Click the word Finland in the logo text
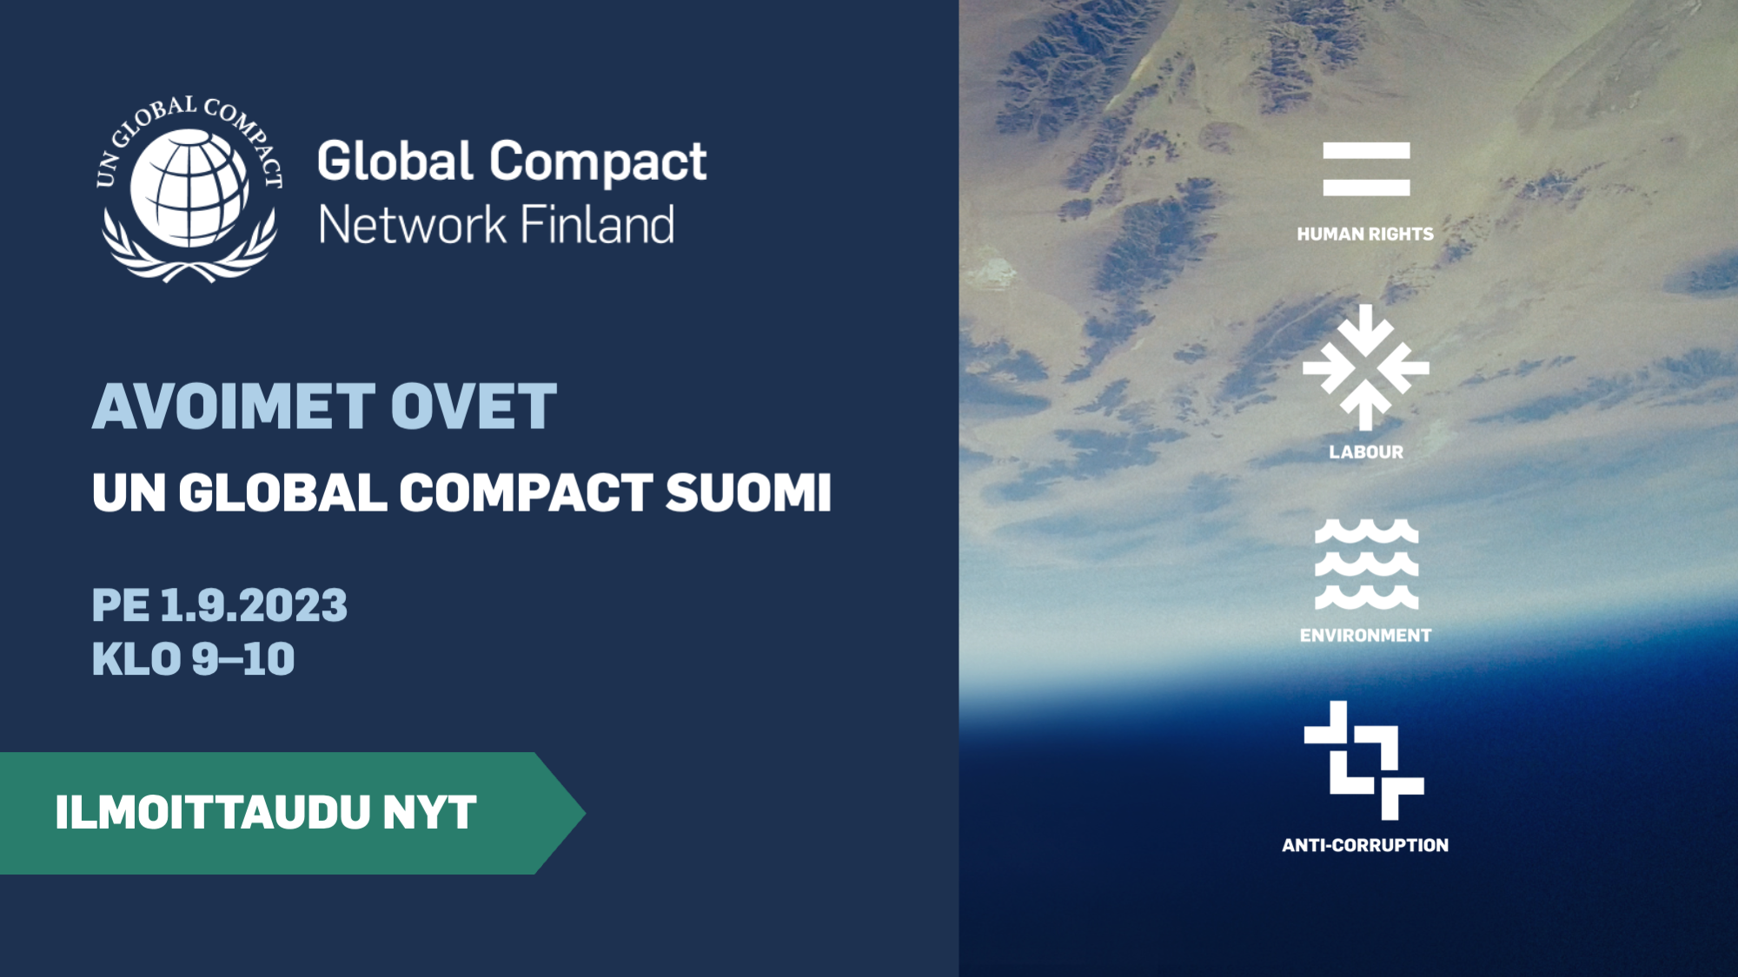(597, 225)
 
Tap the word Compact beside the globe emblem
(598, 163)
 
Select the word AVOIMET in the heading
(235, 406)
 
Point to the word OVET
(474, 406)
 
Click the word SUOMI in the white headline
(748, 492)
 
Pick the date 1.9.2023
(254, 605)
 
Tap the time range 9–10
(243, 659)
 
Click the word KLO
(136, 659)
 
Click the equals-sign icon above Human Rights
(1366, 169)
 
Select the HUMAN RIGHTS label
(1365, 234)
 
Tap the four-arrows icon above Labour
(1366, 367)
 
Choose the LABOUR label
(1366, 452)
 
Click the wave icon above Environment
(1366, 564)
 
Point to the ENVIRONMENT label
(1365, 636)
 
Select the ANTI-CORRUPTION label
(1365, 845)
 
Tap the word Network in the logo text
(412, 225)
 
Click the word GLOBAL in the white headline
(282, 492)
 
